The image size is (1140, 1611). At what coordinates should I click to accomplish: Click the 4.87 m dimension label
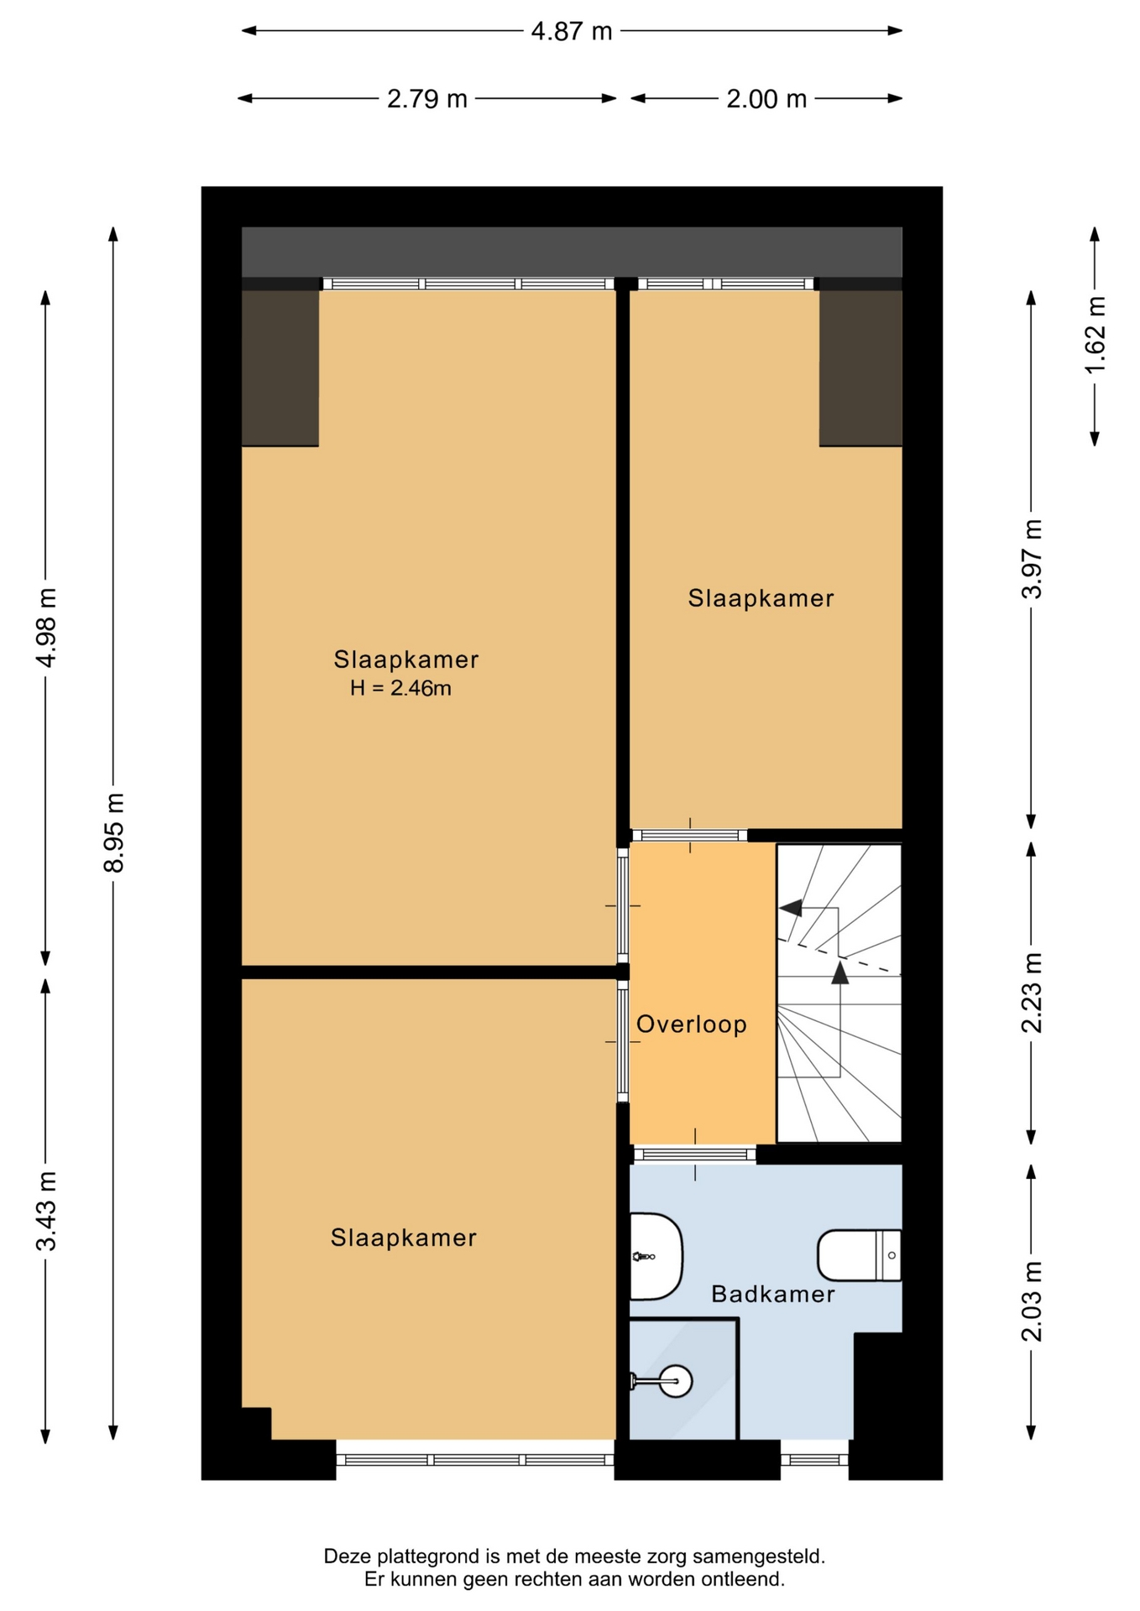(x=572, y=32)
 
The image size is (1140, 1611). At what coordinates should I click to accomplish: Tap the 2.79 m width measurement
(x=426, y=99)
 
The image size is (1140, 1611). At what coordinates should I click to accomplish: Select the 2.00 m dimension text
(x=766, y=99)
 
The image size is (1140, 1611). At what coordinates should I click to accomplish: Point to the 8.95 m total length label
(x=114, y=832)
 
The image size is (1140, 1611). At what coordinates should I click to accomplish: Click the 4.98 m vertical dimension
(x=47, y=628)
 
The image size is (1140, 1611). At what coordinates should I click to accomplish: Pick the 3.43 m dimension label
(x=47, y=1211)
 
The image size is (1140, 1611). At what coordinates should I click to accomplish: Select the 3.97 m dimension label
(x=1032, y=559)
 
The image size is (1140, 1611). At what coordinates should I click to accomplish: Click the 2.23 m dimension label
(x=1032, y=993)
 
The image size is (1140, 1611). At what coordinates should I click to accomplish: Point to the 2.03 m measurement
(x=1032, y=1301)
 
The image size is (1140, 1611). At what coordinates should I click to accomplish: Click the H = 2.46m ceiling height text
(x=400, y=689)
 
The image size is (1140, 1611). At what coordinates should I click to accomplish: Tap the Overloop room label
(x=692, y=1024)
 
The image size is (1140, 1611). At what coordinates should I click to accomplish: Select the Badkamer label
(x=773, y=1294)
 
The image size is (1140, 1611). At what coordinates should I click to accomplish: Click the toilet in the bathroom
(x=860, y=1255)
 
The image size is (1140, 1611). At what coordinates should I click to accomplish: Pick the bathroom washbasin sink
(x=656, y=1256)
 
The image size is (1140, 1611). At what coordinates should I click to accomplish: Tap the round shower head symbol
(x=675, y=1380)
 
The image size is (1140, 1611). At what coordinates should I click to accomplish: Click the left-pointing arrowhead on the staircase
(x=790, y=908)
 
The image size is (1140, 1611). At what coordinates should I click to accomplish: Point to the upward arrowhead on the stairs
(x=839, y=972)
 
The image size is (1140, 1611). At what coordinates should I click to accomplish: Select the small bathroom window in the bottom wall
(x=814, y=1460)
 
